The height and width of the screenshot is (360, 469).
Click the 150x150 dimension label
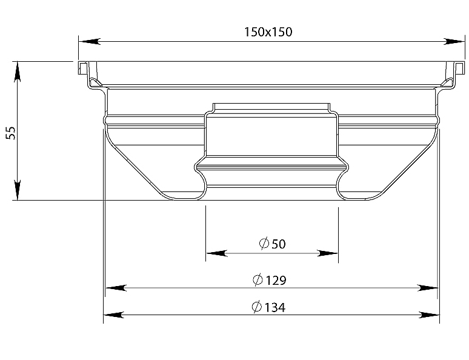pos(268,32)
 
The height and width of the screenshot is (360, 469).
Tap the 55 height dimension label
pos(11,133)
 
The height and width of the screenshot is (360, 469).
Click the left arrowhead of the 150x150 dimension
pos(90,42)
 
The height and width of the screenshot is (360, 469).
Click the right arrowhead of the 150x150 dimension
pos(454,42)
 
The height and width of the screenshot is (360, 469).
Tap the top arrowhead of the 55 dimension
pos(18,72)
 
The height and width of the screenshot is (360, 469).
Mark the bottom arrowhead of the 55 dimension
pos(18,190)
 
